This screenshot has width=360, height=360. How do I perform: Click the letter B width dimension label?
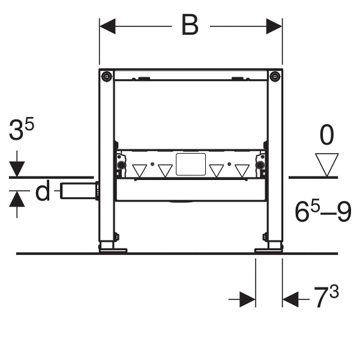[x=190, y=25]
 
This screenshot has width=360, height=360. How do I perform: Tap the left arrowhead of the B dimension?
[x=107, y=26]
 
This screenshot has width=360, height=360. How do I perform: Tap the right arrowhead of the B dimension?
[x=274, y=26]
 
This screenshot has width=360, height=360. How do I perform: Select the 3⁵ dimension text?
[x=22, y=129]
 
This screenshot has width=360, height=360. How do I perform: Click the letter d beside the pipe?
[x=43, y=190]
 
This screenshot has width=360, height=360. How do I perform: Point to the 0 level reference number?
[x=327, y=135]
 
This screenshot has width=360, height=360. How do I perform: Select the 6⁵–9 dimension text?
[x=323, y=211]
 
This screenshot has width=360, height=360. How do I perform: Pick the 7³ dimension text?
[x=326, y=296]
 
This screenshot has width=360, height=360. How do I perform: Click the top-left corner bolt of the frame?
[x=107, y=76]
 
